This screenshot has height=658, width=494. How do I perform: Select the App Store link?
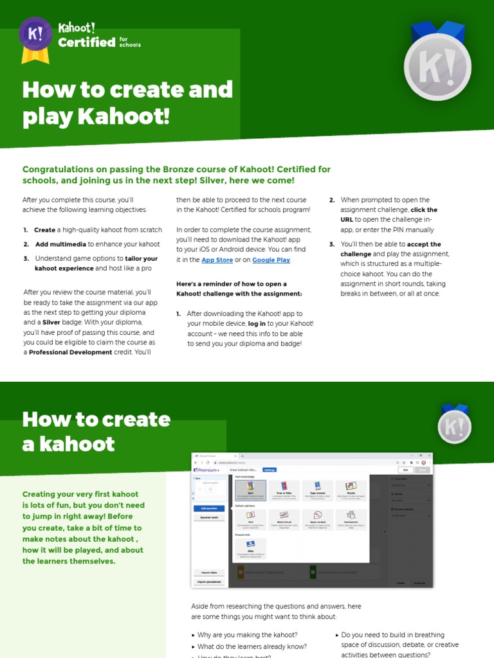[x=217, y=260]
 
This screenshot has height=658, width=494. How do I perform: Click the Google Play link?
[x=271, y=260]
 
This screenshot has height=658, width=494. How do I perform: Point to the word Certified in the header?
[x=87, y=43]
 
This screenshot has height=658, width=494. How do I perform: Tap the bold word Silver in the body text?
[x=51, y=323]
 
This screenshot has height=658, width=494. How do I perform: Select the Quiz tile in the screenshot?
[x=250, y=492]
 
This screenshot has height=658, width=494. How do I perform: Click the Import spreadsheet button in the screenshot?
[x=209, y=582]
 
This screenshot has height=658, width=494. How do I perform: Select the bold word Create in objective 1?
[x=45, y=230]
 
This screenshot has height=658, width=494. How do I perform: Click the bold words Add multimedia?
[x=60, y=244]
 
